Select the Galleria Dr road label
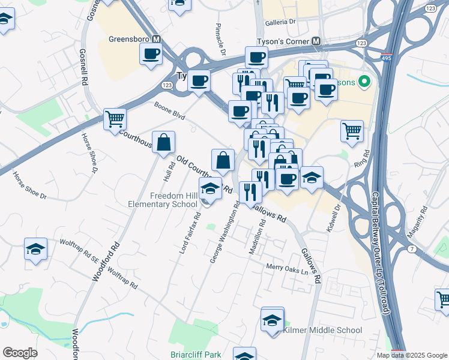point(281,21)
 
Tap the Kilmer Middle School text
point(322,330)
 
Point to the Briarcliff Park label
point(196,355)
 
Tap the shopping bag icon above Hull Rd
point(163,143)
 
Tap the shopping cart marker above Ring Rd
point(352,131)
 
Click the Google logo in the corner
point(20,353)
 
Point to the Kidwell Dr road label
point(333,218)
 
